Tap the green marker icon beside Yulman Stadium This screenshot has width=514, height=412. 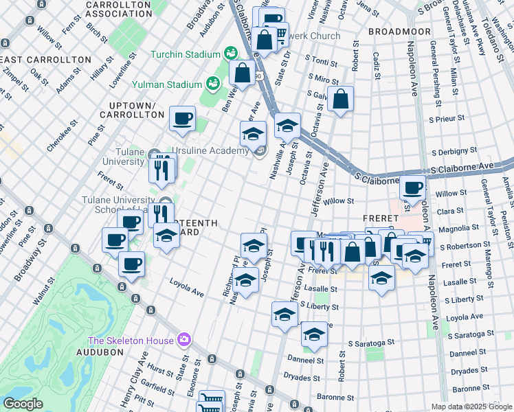(x=214, y=84)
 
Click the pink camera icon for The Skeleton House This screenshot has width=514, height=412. (x=183, y=339)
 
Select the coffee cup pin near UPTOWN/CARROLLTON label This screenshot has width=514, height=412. (x=182, y=118)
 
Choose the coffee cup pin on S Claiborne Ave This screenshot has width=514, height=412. (x=413, y=186)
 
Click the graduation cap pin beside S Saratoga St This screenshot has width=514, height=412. (x=314, y=334)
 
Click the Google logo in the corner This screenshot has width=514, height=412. (x=23, y=404)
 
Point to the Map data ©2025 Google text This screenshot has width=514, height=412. (x=471, y=407)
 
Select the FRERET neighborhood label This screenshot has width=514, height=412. (x=377, y=218)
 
